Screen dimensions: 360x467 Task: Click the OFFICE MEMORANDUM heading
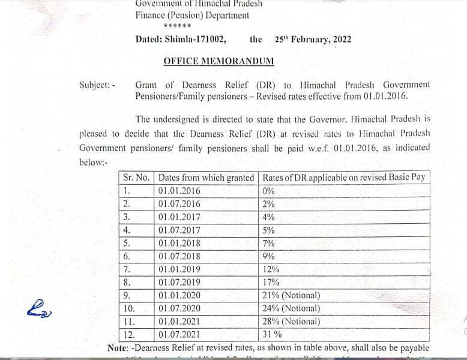(x=218, y=61)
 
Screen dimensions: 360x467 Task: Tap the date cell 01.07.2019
(x=179, y=282)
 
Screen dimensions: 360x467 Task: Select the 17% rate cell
(x=271, y=282)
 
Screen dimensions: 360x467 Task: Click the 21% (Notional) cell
(x=291, y=295)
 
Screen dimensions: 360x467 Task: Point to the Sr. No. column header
(x=137, y=178)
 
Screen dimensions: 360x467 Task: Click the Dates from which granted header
(x=206, y=178)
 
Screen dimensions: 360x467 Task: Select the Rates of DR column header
(x=343, y=178)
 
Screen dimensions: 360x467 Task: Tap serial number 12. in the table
(x=128, y=335)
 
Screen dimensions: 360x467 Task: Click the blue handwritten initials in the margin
(x=39, y=310)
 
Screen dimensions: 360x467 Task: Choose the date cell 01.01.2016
(x=179, y=191)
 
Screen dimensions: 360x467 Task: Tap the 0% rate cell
(x=268, y=191)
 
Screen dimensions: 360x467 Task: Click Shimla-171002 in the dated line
(x=196, y=40)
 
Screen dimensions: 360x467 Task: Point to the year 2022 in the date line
(x=340, y=40)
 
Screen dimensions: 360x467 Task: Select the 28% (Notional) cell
(x=291, y=322)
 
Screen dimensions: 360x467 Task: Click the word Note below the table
(x=118, y=348)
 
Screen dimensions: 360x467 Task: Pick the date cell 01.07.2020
(x=179, y=308)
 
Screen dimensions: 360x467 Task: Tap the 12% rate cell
(x=271, y=269)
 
